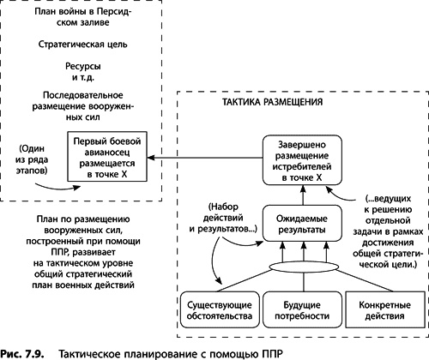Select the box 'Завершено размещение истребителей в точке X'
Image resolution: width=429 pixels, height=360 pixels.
coord(294,159)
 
